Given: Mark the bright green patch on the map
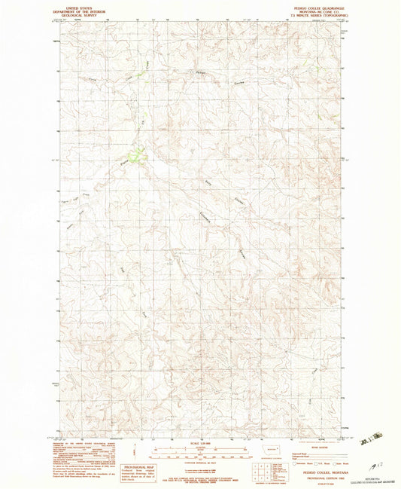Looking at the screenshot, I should pos(135,156).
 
